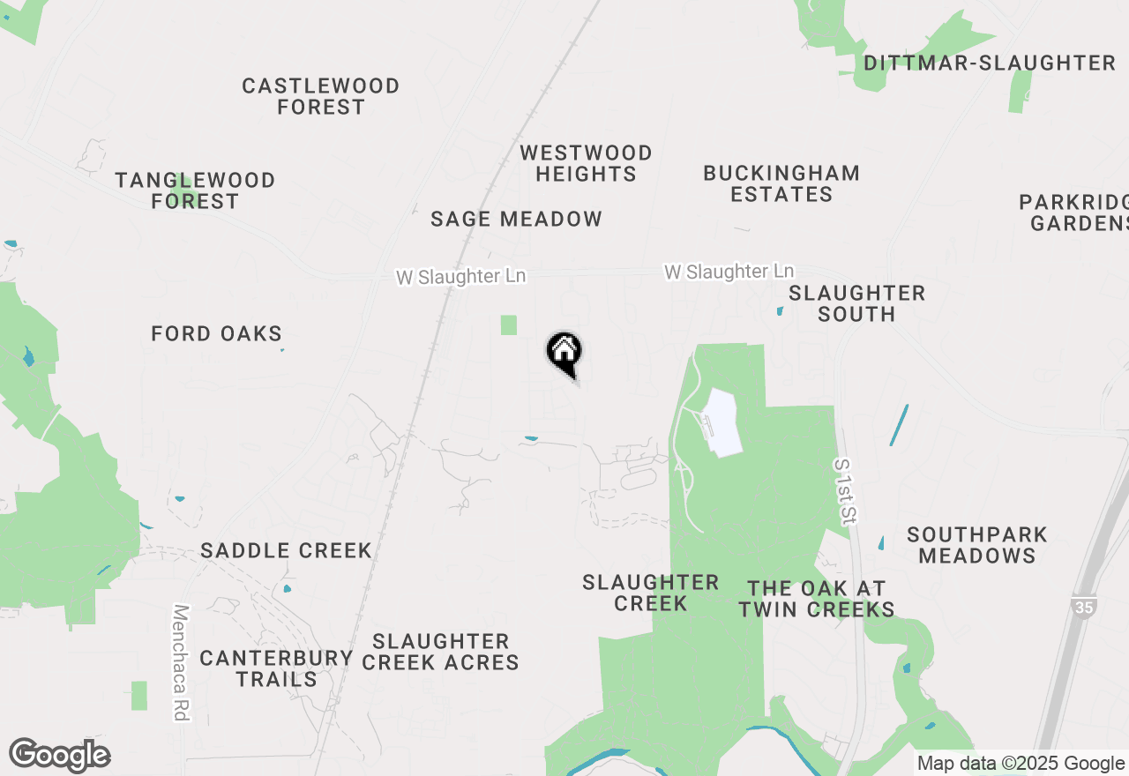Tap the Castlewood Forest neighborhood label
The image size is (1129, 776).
[321, 96]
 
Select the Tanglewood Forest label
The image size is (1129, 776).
[195, 190]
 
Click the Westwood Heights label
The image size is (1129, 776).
[586, 163]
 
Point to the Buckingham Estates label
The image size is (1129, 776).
[781, 183]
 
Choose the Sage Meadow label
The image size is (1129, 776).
[516, 219]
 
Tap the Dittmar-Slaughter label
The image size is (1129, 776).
[990, 63]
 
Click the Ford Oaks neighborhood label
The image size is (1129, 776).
[216, 333]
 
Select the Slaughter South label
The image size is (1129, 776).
[856, 303]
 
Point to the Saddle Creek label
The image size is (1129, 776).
[286, 550]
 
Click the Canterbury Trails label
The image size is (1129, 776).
[276, 668]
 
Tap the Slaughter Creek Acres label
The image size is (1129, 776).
[440, 652]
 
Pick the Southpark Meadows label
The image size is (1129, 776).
[977, 545]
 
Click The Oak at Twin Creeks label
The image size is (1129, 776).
[816, 599]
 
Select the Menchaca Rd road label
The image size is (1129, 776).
[182, 662]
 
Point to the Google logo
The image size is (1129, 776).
[60, 755]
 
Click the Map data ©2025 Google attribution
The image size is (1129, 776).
[1021, 764]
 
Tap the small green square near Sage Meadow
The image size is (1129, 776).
[508, 325]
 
